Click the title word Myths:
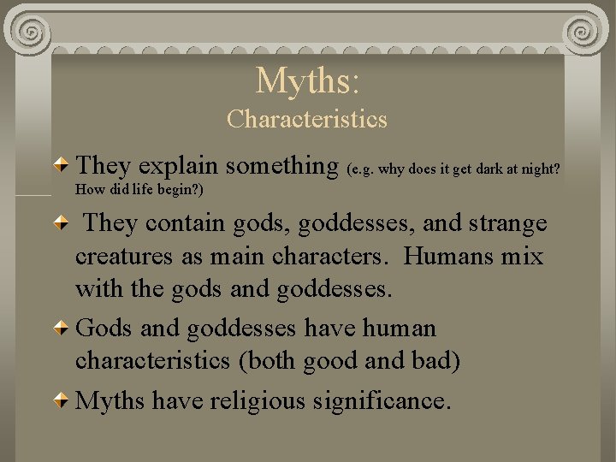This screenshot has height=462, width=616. tap(308, 80)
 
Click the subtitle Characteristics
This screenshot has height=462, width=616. tap(307, 119)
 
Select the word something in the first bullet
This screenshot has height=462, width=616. tap(284, 164)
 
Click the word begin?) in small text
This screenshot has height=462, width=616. tap(181, 188)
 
